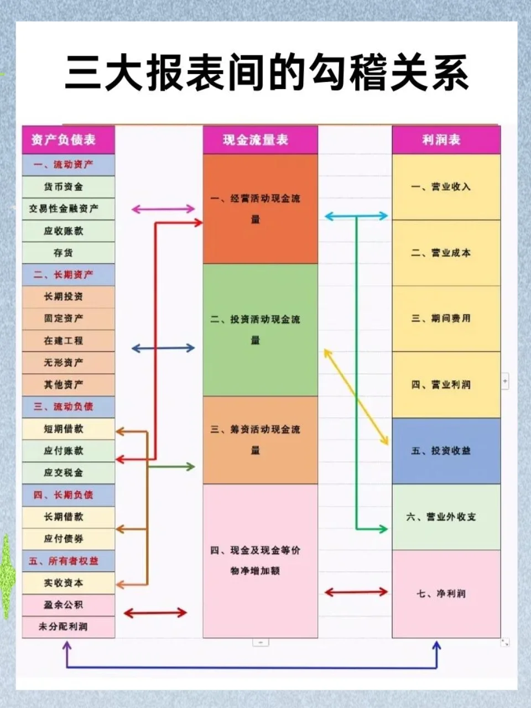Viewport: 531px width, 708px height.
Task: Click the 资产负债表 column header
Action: (68, 139)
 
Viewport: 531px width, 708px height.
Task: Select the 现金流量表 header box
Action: (260, 139)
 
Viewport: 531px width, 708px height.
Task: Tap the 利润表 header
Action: (446, 139)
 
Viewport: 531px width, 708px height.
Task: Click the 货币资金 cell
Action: (68, 187)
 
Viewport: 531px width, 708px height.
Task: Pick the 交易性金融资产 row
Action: (68, 209)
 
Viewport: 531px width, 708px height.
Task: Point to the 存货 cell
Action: (68, 253)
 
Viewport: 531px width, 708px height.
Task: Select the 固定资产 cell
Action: (68, 319)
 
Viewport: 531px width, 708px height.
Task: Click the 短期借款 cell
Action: (68, 429)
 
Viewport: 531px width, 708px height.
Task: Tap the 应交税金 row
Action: (68, 473)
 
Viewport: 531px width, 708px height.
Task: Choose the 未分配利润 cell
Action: (68, 627)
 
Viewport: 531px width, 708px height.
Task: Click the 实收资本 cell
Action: (68, 583)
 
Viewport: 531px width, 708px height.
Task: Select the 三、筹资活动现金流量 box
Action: (260, 440)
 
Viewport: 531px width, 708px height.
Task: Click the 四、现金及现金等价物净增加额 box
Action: (260, 560)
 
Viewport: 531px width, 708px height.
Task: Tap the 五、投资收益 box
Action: (446, 451)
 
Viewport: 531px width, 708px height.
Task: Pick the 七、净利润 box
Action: (446, 594)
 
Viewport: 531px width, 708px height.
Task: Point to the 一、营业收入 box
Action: (446, 187)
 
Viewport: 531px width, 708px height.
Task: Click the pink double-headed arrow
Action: (163, 209)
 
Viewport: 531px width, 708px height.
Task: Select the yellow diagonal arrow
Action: (356, 397)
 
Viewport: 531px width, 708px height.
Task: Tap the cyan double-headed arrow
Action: (356, 216)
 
